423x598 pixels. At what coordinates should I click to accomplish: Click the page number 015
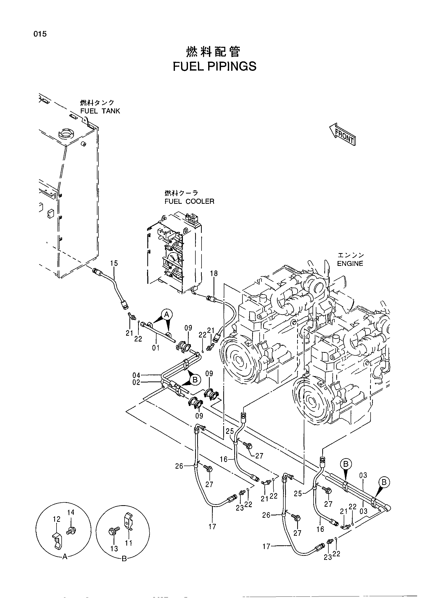[40, 34]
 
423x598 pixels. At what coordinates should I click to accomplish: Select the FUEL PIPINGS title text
[215, 66]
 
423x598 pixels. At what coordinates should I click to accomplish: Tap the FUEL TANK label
[100, 111]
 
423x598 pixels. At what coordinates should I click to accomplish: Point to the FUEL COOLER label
[189, 201]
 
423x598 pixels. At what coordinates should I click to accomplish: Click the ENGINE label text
[350, 264]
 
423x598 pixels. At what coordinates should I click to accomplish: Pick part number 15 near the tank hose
[114, 263]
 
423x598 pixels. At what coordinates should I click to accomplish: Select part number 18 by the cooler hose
[214, 273]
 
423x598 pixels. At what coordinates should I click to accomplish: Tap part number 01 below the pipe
[156, 348]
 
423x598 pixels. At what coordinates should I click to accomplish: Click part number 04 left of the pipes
[136, 375]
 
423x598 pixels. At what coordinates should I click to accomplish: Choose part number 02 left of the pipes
[136, 382]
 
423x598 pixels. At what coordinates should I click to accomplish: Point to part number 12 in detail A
[57, 519]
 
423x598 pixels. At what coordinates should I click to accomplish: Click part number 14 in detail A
[71, 512]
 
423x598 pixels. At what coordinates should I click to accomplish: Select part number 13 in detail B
[114, 548]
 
